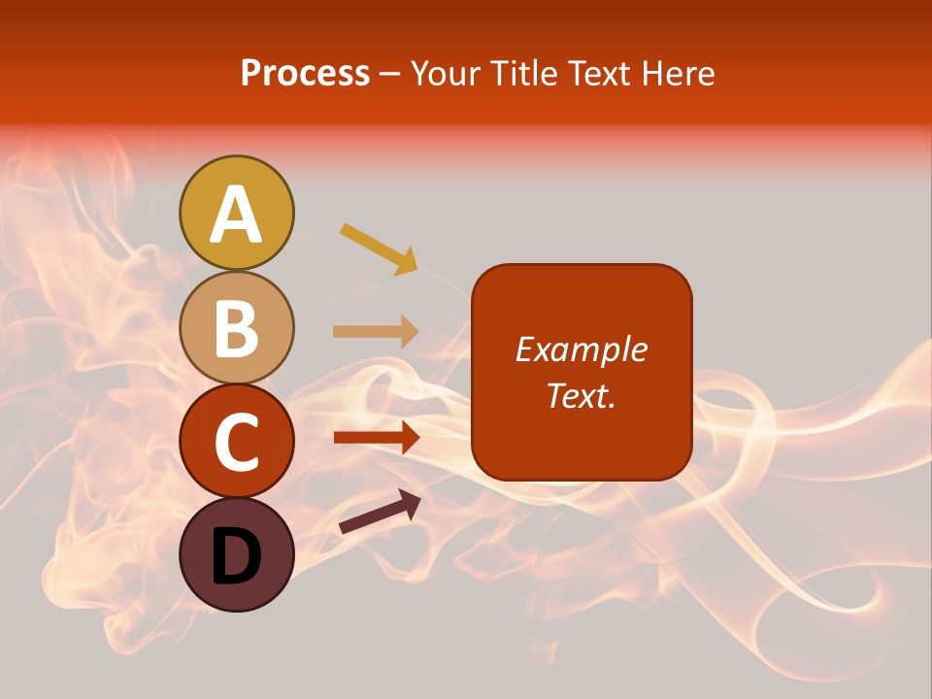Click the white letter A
tap(237, 216)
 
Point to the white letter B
tap(237, 329)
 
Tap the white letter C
tap(237, 442)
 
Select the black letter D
tap(237, 556)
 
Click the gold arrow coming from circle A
tap(379, 248)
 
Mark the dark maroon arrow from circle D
tap(380, 512)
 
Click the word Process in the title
tap(305, 74)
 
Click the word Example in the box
tap(582, 349)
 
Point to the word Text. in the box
tap(582, 395)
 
